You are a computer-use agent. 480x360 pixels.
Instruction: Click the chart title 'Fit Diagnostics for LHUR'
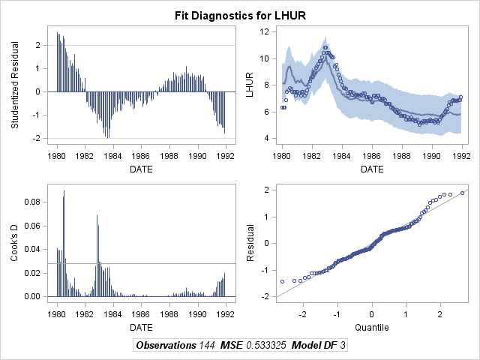(x=240, y=14)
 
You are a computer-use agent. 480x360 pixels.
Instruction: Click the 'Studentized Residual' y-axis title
(x=15, y=85)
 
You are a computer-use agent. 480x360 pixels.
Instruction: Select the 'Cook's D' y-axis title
(x=15, y=244)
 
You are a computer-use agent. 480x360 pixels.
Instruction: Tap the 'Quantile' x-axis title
(x=372, y=328)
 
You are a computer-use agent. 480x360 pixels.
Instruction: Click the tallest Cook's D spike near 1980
(x=64, y=191)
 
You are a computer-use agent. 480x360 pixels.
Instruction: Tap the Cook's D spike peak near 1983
(x=97, y=216)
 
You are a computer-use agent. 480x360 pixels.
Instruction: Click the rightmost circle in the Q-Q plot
(x=463, y=193)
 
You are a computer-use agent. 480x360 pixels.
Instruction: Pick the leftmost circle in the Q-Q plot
(x=282, y=281)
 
